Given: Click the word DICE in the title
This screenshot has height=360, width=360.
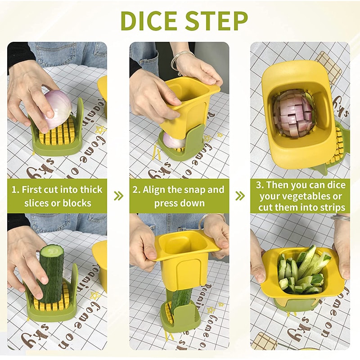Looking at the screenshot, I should pos(151,21).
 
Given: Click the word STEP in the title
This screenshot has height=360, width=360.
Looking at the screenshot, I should pos(216,21).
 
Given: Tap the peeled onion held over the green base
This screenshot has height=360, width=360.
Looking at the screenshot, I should pos(57,109).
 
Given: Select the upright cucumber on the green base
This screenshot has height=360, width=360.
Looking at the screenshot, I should pos(50,272).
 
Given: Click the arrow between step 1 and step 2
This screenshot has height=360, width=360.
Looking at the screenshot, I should pos(118,196).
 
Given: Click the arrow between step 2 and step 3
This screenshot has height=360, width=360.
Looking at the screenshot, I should pos(240,196).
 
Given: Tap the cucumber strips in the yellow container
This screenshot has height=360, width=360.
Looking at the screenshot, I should pos(301,270).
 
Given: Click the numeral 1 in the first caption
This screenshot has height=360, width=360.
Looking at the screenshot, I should pos(14,189).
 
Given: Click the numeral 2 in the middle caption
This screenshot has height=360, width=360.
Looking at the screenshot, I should pos(135,189).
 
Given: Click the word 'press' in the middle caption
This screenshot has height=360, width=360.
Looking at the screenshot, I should pos(166,203).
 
